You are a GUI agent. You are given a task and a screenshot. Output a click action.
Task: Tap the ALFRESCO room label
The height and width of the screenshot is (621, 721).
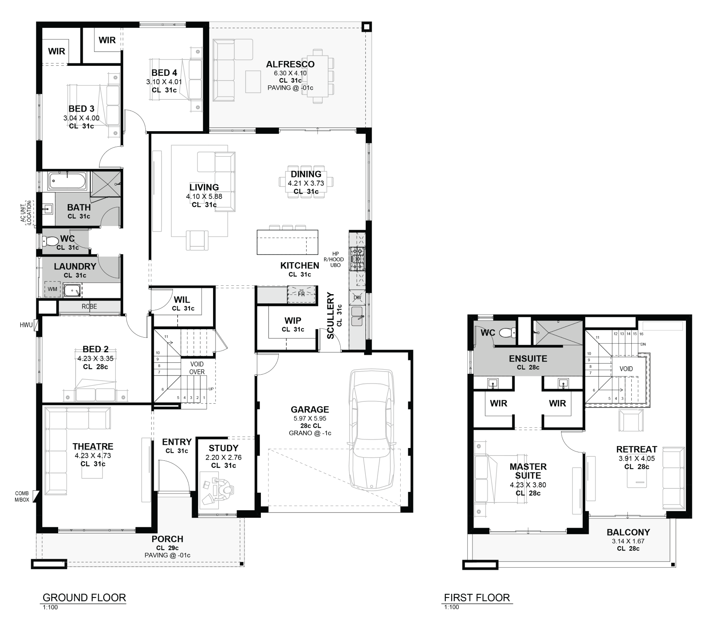(290, 64)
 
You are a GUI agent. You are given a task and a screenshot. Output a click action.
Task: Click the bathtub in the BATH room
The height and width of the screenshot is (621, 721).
(67, 181)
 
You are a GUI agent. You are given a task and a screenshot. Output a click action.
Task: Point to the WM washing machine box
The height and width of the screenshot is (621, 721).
(53, 289)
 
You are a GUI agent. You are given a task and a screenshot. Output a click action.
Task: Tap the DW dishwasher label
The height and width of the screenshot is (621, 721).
(357, 298)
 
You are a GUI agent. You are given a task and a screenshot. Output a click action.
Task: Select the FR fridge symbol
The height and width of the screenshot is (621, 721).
(302, 294)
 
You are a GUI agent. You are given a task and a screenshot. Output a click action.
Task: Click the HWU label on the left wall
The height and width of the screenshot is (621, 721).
(26, 325)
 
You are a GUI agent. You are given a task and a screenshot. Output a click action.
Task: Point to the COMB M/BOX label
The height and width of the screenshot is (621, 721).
(22, 497)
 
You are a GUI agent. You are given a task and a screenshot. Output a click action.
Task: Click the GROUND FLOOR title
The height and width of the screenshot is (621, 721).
(84, 597)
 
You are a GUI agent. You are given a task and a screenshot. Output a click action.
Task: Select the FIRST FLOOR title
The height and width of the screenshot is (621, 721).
(477, 597)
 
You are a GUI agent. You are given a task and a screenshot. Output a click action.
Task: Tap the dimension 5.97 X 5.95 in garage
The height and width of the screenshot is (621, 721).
(310, 419)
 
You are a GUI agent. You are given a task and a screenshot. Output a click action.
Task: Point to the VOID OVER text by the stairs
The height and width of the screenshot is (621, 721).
(197, 368)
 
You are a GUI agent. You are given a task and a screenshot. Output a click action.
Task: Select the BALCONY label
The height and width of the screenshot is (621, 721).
(628, 532)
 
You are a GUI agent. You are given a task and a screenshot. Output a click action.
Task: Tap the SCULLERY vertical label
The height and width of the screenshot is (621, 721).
(330, 316)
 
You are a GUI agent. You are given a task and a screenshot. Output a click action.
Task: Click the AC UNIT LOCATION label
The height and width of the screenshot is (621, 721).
(27, 212)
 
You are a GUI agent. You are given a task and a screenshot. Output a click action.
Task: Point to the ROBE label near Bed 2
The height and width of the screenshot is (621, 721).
(89, 307)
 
